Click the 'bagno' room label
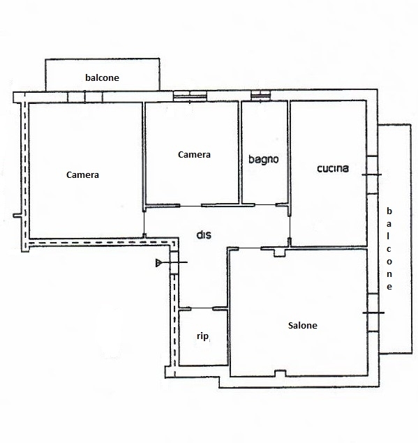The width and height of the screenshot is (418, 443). (263, 160)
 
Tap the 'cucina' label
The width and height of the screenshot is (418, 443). (333, 168)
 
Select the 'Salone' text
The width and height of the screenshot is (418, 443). (302, 326)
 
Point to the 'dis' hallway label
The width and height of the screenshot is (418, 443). (204, 235)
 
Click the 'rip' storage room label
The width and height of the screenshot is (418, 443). (202, 336)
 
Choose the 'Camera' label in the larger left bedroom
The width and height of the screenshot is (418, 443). (82, 175)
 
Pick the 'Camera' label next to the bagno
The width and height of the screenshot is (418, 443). (194, 155)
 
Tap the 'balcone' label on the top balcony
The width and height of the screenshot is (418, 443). (102, 77)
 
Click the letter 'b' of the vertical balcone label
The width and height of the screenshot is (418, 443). (389, 211)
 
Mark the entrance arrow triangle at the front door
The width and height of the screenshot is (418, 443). (158, 263)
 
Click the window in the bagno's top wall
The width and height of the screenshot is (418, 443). (260, 95)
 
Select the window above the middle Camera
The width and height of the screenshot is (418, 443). (190, 96)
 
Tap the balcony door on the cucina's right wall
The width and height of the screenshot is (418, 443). (372, 174)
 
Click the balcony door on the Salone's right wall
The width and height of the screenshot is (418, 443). (373, 313)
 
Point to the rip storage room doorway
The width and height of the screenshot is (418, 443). (202, 308)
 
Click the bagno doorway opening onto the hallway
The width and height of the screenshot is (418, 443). (265, 204)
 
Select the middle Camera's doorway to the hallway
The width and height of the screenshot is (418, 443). (191, 206)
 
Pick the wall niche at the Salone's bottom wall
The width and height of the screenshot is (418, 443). (281, 373)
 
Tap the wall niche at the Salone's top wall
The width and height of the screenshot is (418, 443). (279, 253)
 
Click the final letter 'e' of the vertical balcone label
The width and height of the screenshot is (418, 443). (389, 287)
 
